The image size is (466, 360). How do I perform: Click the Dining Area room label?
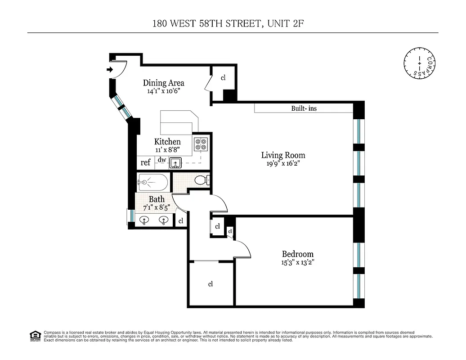tap(163, 83)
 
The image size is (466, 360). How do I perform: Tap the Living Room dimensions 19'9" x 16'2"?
tap(283, 164)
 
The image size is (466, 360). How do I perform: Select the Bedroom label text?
tap(297, 254)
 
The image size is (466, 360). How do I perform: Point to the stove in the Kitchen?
tap(200, 144)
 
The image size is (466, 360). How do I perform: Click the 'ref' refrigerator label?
tap(145, 162)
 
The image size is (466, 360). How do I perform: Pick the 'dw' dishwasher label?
tap(162, 160)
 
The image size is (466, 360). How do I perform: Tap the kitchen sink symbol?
tap(175, 162)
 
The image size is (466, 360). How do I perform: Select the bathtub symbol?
tap(152, 183)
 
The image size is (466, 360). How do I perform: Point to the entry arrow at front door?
tap(110, 69)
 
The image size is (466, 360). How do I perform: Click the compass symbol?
tap(419, 62)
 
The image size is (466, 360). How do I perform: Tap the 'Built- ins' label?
tap(304, 108)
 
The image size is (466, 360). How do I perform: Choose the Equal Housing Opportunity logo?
tap(35, 335)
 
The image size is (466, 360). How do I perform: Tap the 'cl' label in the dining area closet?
tap(223, 77)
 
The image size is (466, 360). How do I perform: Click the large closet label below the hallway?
tap(210, 284)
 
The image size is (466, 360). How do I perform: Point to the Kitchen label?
tap(167, 142)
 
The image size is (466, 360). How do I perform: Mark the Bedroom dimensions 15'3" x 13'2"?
tap(297, 262)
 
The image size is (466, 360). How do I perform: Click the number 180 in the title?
tap(161, 23)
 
